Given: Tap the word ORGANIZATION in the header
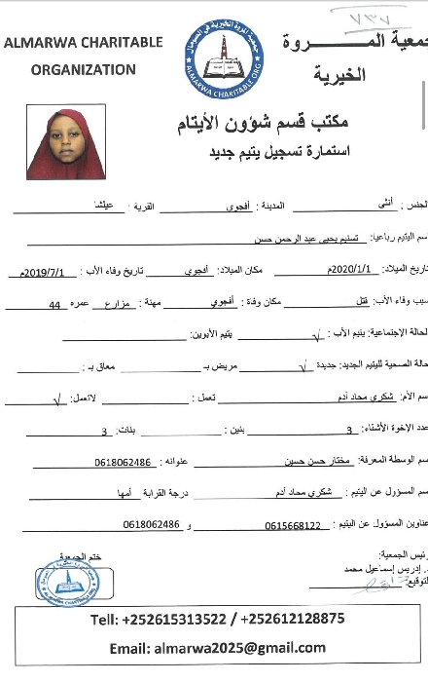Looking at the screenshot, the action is coord(84,70).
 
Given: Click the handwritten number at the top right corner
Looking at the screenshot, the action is coord(373,16).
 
